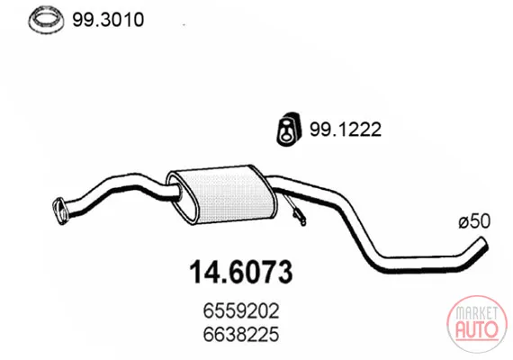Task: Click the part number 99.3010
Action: tap(108, 20)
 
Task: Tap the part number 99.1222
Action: tap(346, 130)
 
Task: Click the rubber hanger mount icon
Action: tap(288, 130)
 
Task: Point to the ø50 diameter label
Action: tap(474, 221)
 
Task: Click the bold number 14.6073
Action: tap(241, 273)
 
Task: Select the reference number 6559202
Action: tap(241, 310)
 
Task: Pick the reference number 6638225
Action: tap(241, 334)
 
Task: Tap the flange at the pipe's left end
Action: tap(60, 211)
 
